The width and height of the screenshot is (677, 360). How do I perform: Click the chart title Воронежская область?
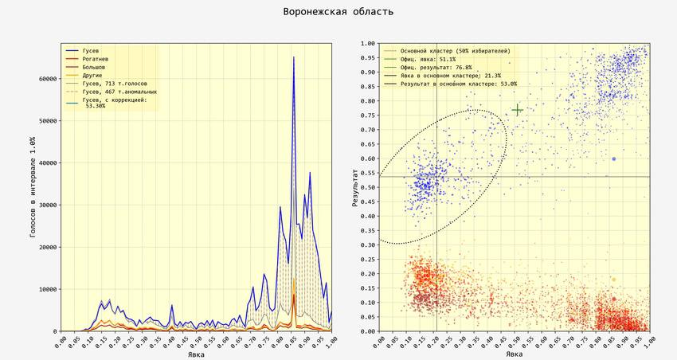click(338, 12)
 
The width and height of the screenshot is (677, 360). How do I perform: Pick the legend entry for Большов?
click(93, 67)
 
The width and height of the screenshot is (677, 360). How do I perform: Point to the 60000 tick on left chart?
click(45, 79)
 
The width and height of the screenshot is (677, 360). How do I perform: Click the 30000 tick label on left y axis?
click(45, 205)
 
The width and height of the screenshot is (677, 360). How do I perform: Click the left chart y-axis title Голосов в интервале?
click(32, 187)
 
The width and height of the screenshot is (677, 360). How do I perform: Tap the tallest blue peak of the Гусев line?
click(293, 57)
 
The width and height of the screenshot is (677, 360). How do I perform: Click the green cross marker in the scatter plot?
click(517, 110)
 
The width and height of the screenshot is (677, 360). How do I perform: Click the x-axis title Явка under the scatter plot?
click(515, 354)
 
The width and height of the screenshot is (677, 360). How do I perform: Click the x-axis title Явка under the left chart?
click(196, 354)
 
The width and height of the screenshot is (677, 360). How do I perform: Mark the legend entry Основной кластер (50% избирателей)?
click(455, 51)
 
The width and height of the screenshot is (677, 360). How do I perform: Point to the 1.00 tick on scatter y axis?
click(368, 44)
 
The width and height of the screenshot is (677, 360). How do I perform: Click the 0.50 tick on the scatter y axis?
click(368, 187)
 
